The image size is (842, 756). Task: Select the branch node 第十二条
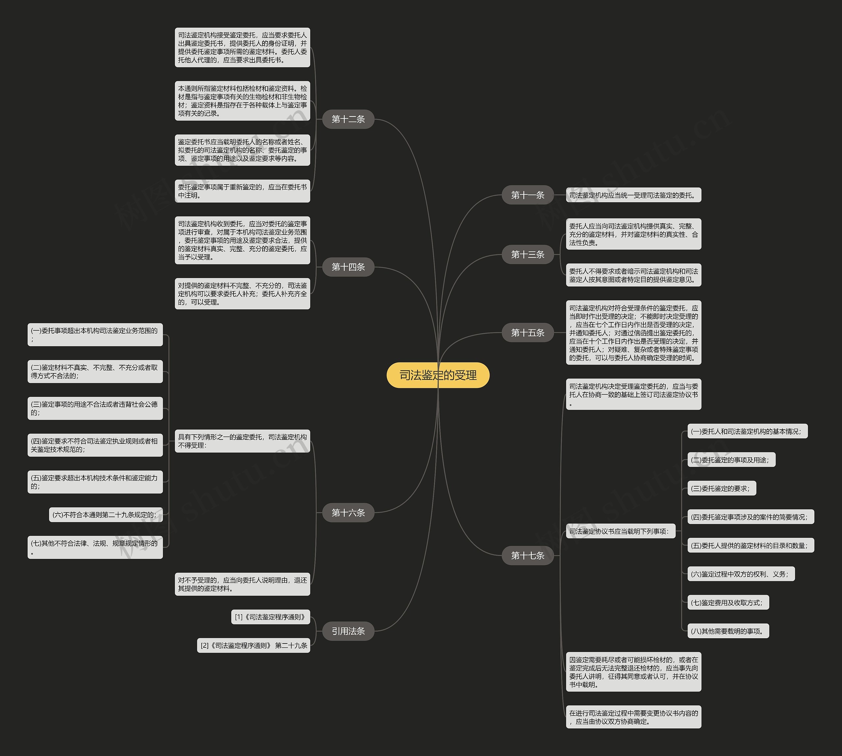tap(348, 119)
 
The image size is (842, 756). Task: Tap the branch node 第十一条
tap(527, 195)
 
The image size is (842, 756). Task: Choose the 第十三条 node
tap(527, 254)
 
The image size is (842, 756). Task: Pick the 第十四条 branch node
tap(348, 267)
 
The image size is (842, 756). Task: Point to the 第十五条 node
tap(527, 332)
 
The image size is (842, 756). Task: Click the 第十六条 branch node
tap(348, 513)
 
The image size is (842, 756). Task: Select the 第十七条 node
tap(527, 555)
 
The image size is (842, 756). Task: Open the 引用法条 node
tap(348, 631)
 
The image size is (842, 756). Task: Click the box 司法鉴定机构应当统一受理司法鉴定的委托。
tap(633, 195)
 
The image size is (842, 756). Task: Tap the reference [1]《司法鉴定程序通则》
tap(270, 617)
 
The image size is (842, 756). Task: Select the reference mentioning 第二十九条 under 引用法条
tap(254, 645)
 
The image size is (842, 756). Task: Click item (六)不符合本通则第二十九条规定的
tap(106, 515)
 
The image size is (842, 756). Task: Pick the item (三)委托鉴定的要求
tap(721, 489)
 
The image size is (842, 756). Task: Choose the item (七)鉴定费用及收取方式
tap(728, 602)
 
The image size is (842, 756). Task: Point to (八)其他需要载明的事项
tap(728, 631)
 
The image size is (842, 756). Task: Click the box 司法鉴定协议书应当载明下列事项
tap(620, 531)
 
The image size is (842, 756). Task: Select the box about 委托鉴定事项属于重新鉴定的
tap(242, 191)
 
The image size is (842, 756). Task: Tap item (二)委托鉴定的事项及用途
tap(731, 460)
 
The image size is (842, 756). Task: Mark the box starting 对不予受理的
tap(242, 584)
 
